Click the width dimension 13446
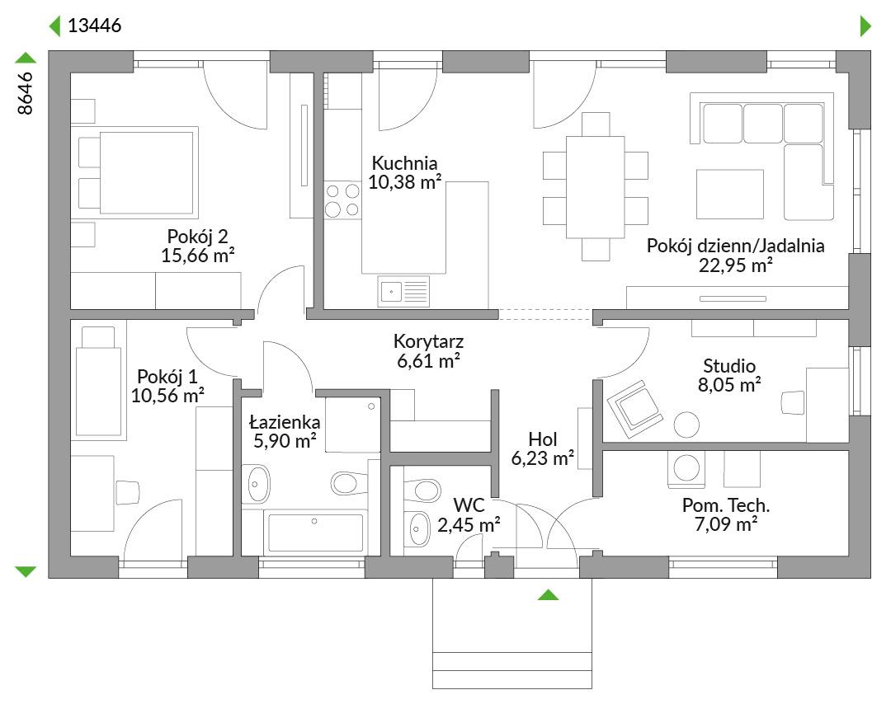(x=94, y=26)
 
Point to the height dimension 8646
(x=26, y=94)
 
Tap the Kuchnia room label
(x=404, y=163)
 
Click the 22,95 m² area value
(x=735, y=265)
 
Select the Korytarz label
(x=428, y=341)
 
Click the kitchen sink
(x=403, y=292)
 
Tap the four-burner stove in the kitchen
(x=342, y=200)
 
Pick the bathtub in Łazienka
(x=315, y=533)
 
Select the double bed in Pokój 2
(x=139, y=172)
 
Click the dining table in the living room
(x=596, y=187)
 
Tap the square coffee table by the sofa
(x=730, y=194)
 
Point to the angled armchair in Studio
(x=634, y=409)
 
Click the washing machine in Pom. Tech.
(x=686, y=469)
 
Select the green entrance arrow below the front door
(x=549, y=594)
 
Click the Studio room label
(x=729, y=366)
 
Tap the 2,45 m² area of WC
(x=469, y=524)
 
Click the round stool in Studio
(x=686, y=424)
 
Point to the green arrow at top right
(x=866, y=26)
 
